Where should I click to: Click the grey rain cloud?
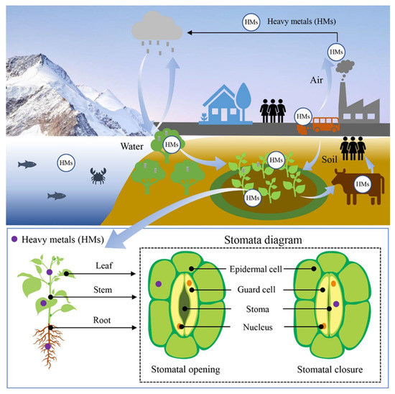click(154, 29)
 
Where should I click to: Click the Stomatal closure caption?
click(330, 372)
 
